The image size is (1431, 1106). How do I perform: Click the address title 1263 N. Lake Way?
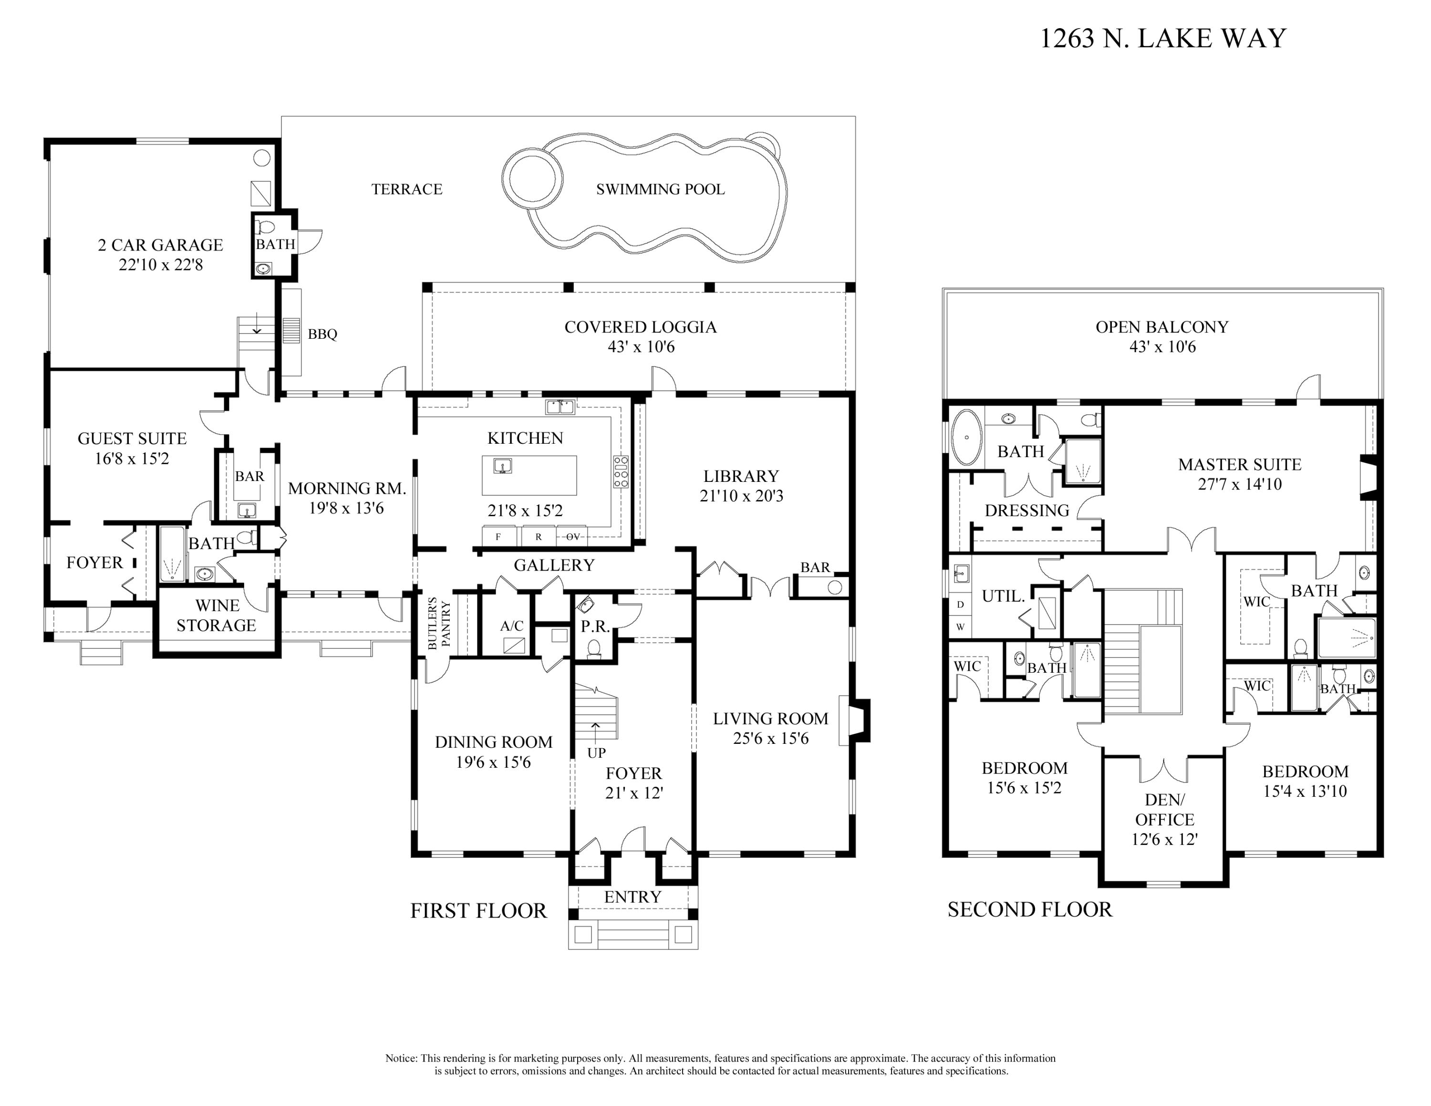point(1163,38)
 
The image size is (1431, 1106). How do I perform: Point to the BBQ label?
point(322,334)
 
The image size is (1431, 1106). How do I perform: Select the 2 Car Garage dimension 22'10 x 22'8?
point(161,265)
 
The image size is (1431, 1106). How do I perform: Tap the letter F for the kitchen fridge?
point(498,537)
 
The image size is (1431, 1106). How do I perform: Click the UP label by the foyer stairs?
point(596,753)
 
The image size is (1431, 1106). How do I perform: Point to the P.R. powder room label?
point(595,626)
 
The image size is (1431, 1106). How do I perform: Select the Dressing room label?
point(1027,511)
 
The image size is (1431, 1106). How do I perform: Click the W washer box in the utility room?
point(961,627)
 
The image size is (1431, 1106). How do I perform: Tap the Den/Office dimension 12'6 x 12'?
point(1164,839)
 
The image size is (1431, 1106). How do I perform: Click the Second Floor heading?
point(1029,909)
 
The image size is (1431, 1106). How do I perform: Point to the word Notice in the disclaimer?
point(401,1058)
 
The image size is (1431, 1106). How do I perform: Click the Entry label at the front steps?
point(633,897)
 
